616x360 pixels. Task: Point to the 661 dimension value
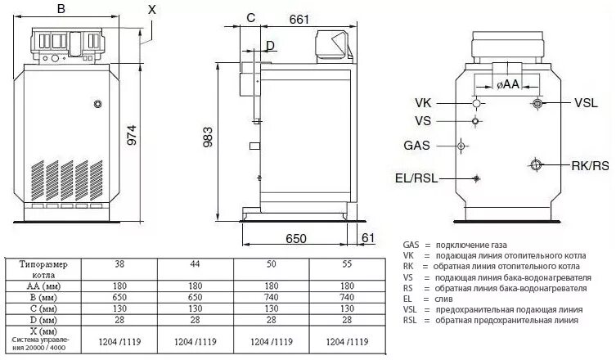pyautogui.click(x=299, y=19)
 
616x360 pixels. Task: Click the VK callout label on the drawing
pyautogui.click(x=425, y=103)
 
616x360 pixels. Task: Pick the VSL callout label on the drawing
pyautogui.click(x=586, y=103)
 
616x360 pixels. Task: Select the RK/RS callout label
pyautogui.click(x=591, y=166)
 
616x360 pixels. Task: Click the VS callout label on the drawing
pyautogui.click(x=423, y=120)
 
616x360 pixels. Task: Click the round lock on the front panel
pyautogui.click(x=98, y=104)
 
